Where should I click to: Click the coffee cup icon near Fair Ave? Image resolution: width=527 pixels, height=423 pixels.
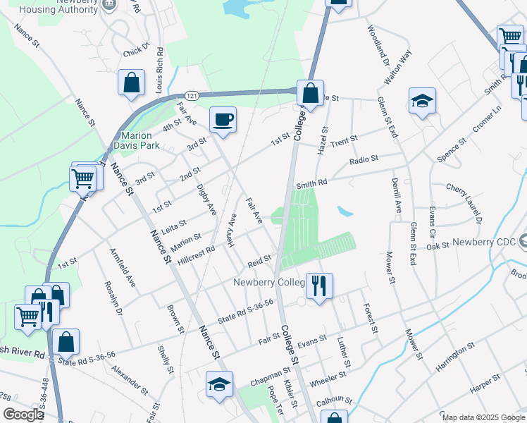[223, 119]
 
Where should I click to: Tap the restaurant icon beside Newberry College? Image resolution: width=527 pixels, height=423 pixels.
[319, 286]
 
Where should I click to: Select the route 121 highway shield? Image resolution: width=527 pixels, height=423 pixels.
[191, 95]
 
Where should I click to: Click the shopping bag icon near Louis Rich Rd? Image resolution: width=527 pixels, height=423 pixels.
[132, 82]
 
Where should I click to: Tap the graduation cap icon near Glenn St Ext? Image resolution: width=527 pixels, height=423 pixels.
[422, 102]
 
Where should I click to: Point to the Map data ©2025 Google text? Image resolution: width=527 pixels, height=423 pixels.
[483, 417]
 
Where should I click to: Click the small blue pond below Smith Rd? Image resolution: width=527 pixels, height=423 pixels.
[344, 211]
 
